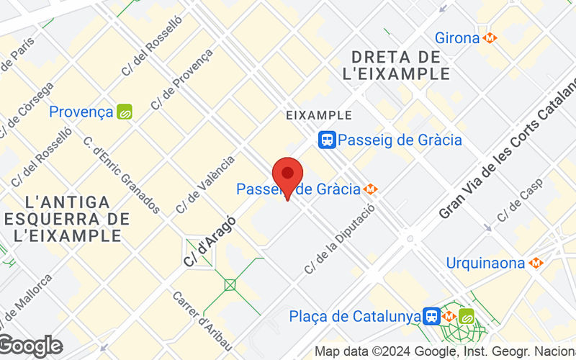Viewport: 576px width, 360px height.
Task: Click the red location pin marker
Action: [287, 175]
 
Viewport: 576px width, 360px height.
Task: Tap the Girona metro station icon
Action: [490, 37]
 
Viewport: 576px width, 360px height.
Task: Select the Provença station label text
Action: [81, 112]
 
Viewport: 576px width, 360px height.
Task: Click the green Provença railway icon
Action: [125, 112]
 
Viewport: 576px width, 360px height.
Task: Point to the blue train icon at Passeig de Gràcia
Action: [328, 140]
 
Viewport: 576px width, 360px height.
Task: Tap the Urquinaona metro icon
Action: [535, 263]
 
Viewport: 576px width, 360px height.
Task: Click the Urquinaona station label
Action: [485, 263]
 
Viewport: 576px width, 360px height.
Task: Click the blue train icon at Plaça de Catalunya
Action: [432, 316]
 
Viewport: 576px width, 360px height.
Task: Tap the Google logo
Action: [31, 346]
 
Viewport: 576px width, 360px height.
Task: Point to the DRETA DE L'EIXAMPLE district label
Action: [401, 65]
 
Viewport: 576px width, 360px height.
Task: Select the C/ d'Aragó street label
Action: [210, 241]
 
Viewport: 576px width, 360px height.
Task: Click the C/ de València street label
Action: [206, 184]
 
